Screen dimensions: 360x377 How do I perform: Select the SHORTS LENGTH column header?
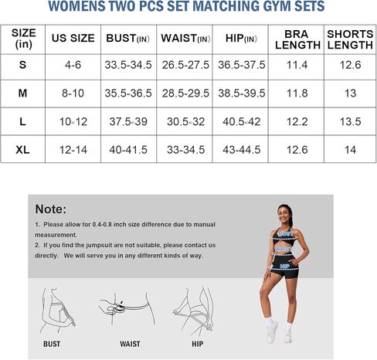[x=350, y=39]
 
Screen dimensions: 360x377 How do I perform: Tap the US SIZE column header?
[x=73, y=38]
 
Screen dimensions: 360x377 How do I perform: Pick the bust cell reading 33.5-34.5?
[x=128, y=66]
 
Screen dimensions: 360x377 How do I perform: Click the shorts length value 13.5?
[x=350, y=122]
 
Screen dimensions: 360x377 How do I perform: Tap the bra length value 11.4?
[x=297, y=66]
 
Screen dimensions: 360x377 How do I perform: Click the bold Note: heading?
[x=51, y=209]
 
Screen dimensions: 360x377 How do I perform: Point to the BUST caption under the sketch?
[x=52, y=344]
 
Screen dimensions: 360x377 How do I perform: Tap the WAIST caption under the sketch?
[x=130, y=344]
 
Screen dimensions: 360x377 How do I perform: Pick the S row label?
[x=24, y=66]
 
